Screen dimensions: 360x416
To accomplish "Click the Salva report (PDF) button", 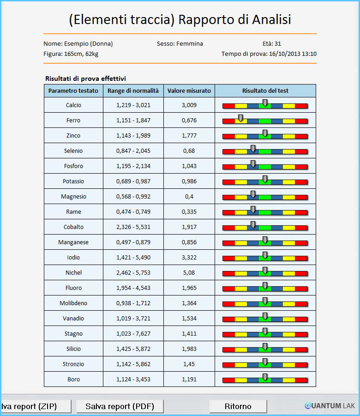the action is (x=120, y=406).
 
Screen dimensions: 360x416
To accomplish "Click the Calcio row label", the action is (x=73, y=105).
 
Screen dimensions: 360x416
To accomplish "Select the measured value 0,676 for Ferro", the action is (x=189, y=120).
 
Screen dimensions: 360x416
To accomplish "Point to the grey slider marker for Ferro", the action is (x=240, y=118).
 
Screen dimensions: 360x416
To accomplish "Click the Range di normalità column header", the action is (x=133, y=91).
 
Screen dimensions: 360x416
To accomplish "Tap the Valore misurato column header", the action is (x=189, y=91).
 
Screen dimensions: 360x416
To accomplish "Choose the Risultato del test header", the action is (x=265, y=91).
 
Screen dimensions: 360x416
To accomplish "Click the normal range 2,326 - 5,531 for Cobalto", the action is (x=133, y=227).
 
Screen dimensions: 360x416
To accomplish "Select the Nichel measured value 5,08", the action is (x=189, y=272).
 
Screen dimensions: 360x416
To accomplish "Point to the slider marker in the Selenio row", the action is (x=253, y=149).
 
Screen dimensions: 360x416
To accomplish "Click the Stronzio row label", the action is (x=73, y=364).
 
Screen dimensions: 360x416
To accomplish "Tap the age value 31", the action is (x=278, y=43).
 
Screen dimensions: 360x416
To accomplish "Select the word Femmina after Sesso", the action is (x=190, y=43).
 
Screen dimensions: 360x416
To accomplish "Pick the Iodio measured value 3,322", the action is (x=189, y=257).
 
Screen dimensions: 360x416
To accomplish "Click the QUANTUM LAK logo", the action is (x=330, y=406).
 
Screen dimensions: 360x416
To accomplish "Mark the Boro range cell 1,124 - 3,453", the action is (x=133, y=379).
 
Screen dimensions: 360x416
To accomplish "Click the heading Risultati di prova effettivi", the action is (x=85, y=78).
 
